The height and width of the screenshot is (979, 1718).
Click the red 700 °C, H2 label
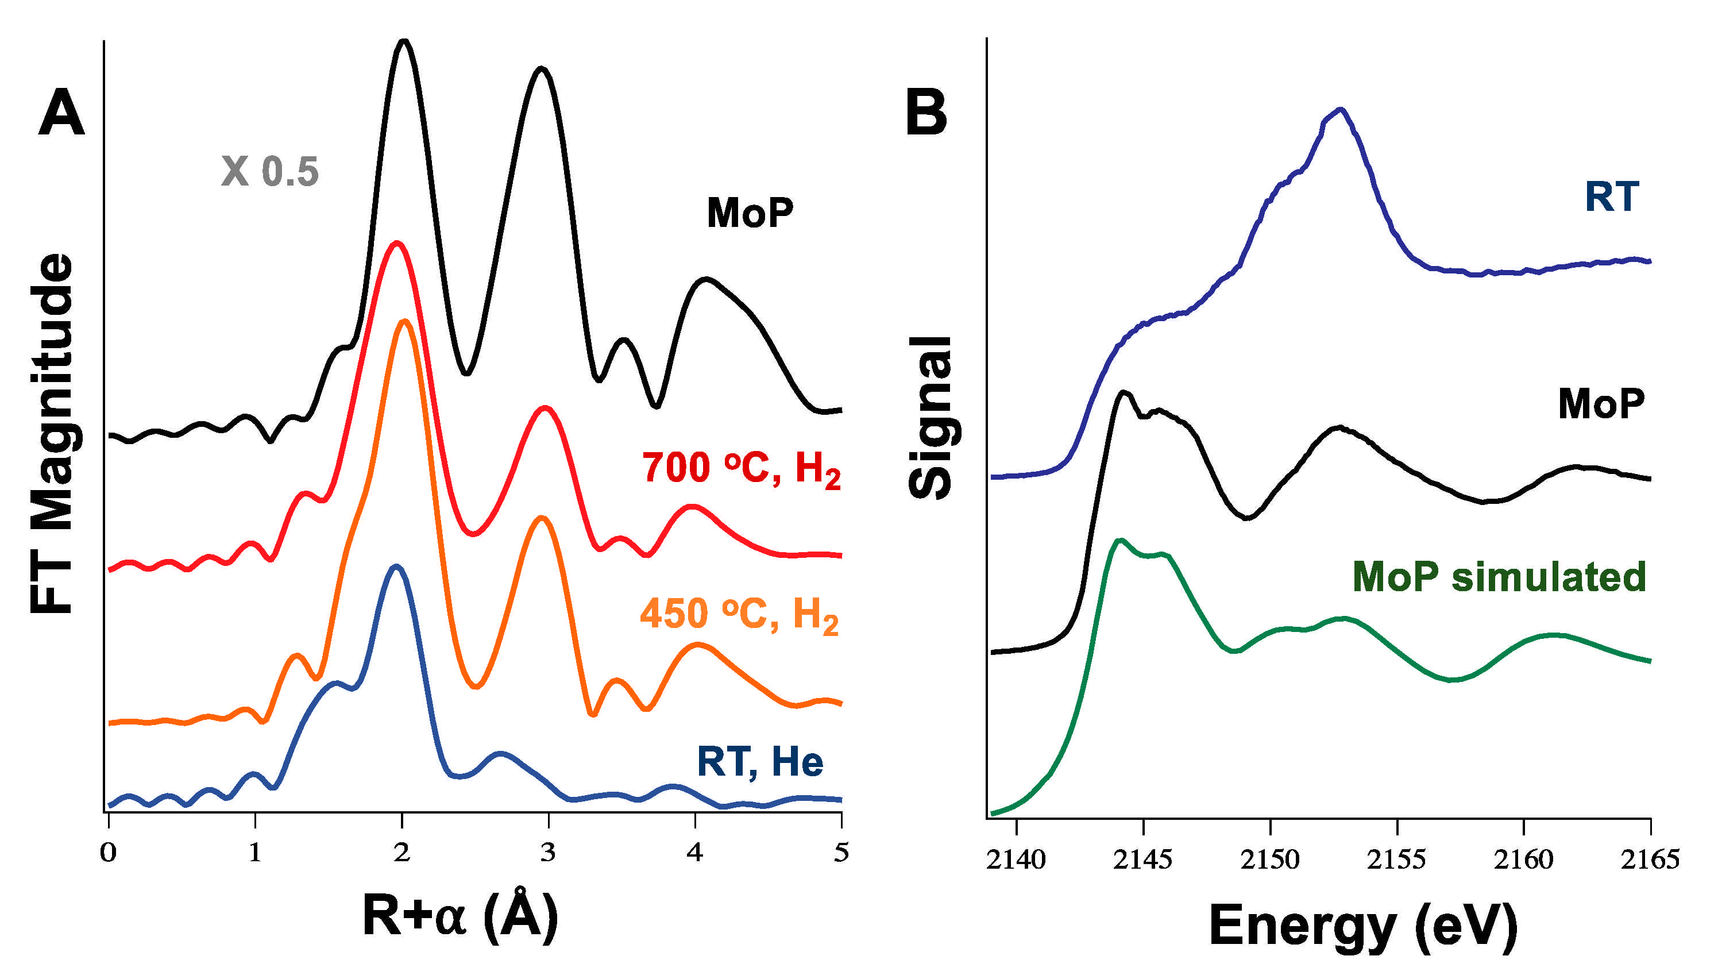point(741,469)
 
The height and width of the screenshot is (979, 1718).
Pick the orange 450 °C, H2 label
point(739,615)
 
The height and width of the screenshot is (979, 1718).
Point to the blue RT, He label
point(759,762)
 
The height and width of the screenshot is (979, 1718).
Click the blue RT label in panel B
point(1611,196)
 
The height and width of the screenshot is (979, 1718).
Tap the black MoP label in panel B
point(1600,403)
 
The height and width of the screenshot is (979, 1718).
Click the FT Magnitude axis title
point(52,434)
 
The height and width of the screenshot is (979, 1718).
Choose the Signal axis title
point(931,418)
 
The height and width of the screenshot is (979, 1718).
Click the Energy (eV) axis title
point(1362,927)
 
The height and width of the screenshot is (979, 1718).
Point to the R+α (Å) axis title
point(461,916)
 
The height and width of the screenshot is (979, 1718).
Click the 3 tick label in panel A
point(548,853)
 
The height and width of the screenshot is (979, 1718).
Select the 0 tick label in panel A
point(108,853)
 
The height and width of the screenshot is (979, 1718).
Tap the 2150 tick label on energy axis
point(1269,859)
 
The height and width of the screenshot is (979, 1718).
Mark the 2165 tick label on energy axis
point(1650,859)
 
